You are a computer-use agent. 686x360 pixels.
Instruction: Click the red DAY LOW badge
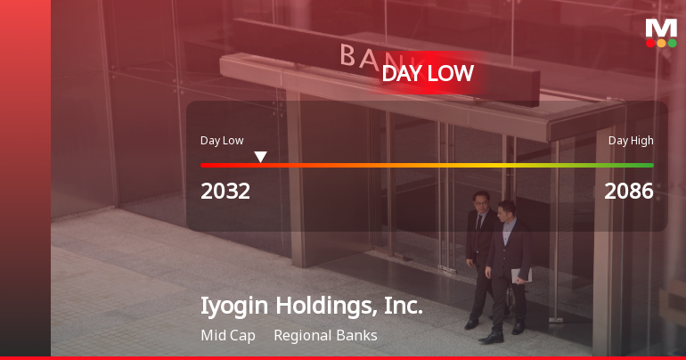coord(428,74)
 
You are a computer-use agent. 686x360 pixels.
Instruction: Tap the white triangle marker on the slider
coord(260,157)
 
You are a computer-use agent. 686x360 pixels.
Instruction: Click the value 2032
coord(225,191)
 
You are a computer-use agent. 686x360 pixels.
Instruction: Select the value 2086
coord(629,191)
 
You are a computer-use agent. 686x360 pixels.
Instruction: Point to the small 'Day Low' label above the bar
coord(222,141)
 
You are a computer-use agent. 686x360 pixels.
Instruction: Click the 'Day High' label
coord(631,141)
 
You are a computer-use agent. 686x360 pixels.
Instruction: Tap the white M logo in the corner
coord(661,28)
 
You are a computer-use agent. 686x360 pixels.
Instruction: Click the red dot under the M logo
coord(650,43)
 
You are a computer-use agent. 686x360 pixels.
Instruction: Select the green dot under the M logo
coord(672,43)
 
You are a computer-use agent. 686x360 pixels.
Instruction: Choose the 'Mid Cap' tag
coord(228,336)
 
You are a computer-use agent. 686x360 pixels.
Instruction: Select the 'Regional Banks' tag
coord(325,336)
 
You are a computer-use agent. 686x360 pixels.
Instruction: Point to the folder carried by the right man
coord(522,274)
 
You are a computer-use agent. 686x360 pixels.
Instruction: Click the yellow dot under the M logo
coord(661,43)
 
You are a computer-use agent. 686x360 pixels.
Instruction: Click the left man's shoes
coord(471,324)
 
